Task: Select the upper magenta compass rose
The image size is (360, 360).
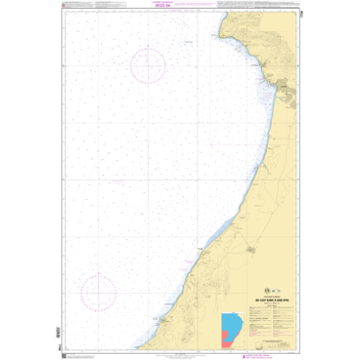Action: [x=144, y=64]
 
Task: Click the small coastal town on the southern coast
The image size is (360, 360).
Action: [x=162, y=320]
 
